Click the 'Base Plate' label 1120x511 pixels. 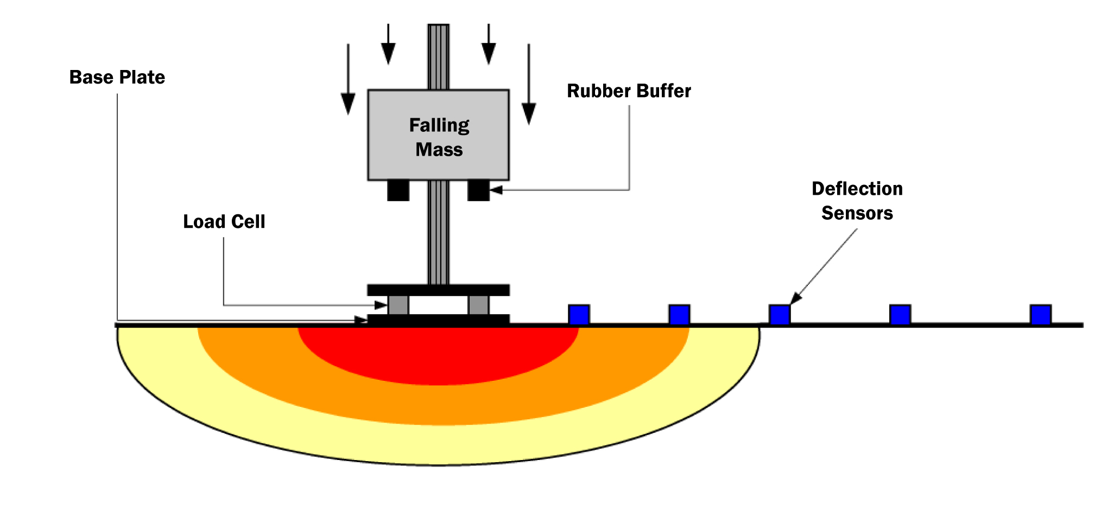(117, 78)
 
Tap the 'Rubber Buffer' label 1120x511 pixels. (629, 91)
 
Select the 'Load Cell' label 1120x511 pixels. (224, 222)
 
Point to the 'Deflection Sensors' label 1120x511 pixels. (857, 201)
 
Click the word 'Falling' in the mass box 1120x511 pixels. (439, 125)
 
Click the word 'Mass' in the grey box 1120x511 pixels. (439, 150)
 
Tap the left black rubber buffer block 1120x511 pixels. (398, 190)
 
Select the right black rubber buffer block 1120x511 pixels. (478, 190)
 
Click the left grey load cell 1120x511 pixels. (398, 305)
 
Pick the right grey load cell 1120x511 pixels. (478, 305)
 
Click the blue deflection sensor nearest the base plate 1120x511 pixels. (579, 315)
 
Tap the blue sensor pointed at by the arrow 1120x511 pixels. (780, 315)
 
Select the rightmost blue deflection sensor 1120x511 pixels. (1040, 315)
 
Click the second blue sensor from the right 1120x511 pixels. (900, 315)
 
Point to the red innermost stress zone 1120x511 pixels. (439, 355)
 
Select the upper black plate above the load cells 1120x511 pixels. (438, 290)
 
